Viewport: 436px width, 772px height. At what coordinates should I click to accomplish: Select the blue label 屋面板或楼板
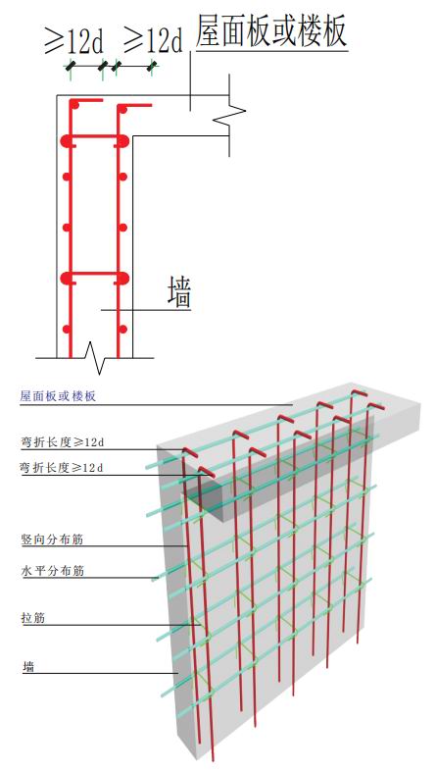(58, 396)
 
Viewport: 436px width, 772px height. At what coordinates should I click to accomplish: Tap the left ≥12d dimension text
(74, 41)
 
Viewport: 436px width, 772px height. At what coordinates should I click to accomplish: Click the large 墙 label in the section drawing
(179, 292)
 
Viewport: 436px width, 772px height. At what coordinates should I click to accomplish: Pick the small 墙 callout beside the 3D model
(28, 667)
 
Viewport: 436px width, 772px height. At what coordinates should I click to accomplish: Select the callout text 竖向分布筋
(52, 540)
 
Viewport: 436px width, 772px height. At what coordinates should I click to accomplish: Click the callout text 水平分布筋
(52, 571)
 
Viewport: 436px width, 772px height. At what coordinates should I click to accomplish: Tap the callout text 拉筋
(33, 618)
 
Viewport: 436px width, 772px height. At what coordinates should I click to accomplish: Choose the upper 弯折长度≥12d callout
(62, 442)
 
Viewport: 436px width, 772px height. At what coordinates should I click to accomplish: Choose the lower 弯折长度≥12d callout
(62, 467)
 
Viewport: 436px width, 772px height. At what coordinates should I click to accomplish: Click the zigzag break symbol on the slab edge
(229, 115)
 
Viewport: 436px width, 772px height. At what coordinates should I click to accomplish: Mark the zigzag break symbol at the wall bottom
(94, 357)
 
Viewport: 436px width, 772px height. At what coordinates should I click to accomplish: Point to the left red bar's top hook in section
(86, 101)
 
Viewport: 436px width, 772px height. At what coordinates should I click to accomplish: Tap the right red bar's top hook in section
(134, 105)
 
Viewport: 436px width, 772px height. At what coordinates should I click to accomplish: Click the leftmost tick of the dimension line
(71, 66)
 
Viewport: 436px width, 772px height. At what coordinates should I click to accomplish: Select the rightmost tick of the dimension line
(152, 66)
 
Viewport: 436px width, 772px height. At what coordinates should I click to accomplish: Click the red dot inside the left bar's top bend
(74, 105)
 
